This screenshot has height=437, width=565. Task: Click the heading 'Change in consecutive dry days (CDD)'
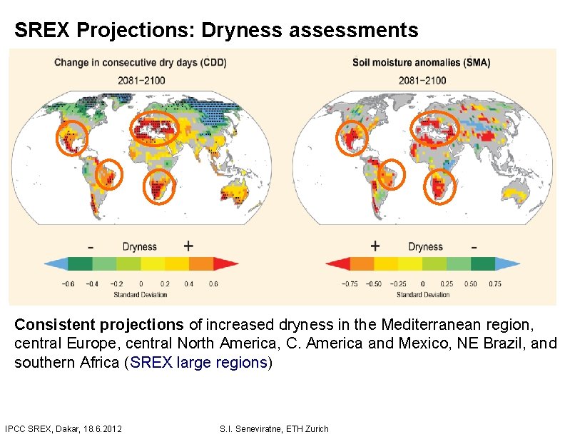(x=141, y=62)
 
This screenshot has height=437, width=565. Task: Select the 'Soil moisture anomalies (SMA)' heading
(x=421, y=62)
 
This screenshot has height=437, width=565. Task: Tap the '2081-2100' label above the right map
(x=423, y=80)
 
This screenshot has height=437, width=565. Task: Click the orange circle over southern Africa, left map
(x=159, y=187)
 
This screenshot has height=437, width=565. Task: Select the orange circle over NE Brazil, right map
(x=391, y=174)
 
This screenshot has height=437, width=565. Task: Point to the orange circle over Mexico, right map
(x=352, y=137)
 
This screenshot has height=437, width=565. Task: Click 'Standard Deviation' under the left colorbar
(x=140, y=294)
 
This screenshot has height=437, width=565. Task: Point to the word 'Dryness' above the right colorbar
(x=425, y=246)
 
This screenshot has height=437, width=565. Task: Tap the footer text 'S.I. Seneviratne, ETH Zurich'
(x=275, y=428)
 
